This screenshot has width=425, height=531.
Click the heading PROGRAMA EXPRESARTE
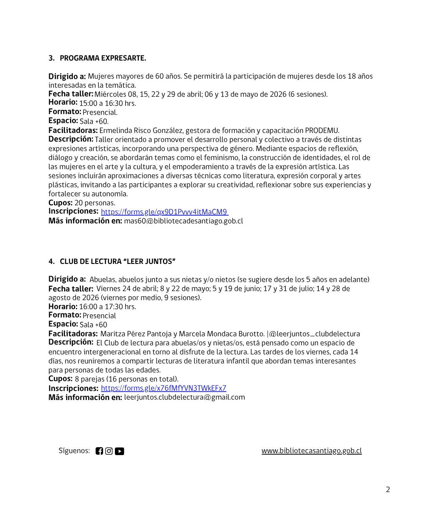point(103,58)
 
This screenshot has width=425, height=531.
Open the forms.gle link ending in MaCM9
point(164,212)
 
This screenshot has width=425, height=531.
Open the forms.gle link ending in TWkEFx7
point(163,388)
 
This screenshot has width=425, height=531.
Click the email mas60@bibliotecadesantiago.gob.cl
point(183,221)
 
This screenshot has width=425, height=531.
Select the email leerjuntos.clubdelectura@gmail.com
point(184,397)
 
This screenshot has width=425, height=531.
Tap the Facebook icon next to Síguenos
point(99,451)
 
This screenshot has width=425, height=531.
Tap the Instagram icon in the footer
point(109,451)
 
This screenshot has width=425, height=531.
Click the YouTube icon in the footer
point(120,451)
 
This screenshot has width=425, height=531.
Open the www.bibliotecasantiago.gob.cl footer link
point(311,451)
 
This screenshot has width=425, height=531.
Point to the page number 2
point(388,490)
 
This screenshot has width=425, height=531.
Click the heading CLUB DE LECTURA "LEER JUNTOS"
point(117,262)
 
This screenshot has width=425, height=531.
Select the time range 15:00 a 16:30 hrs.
point(107,103)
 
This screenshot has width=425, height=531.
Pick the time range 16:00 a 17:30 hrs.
point(107,307)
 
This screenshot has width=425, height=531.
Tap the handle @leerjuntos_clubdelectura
point(314,334)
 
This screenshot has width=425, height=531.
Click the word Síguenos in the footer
point(74,451)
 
